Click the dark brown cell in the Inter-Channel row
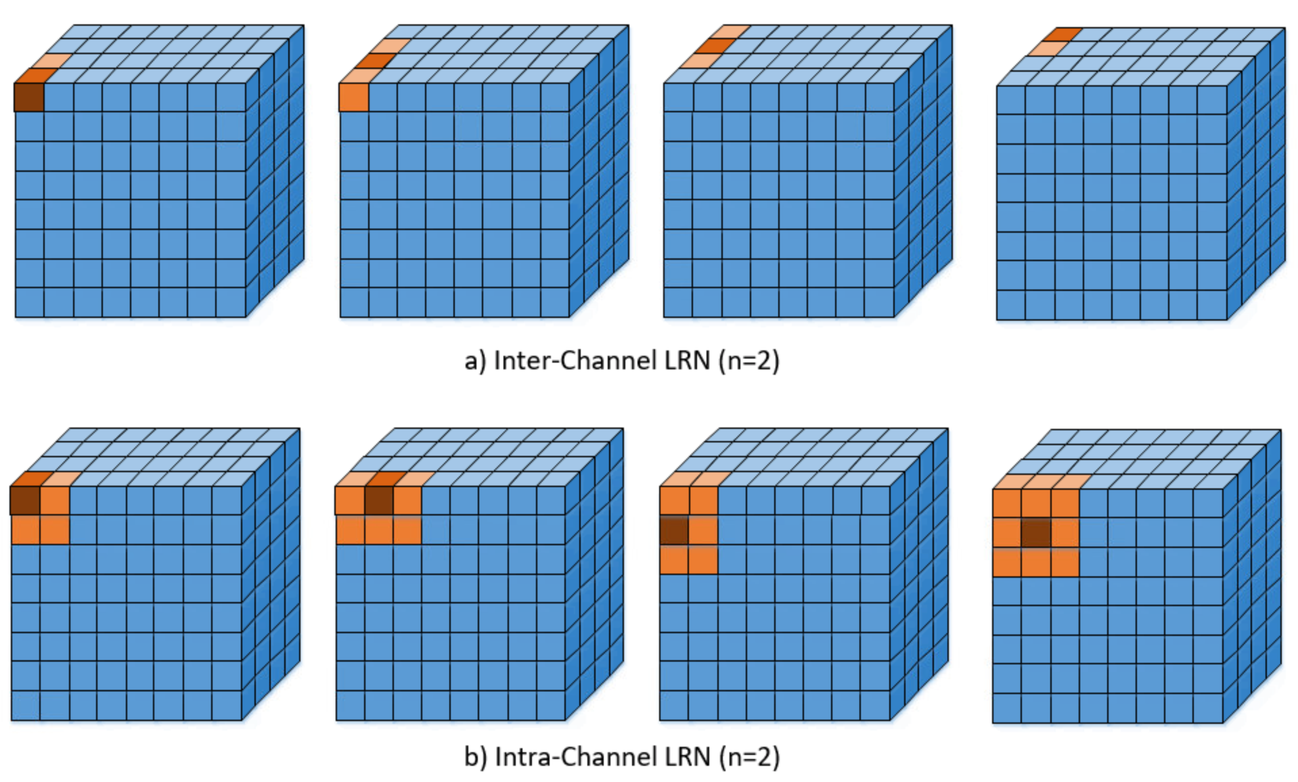[x=29, y=97]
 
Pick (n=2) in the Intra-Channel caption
[x=749, y=756]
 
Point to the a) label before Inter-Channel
[x=475, y=361]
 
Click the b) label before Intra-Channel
[x=476, y=756]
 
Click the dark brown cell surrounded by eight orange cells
[x=1035, y=533]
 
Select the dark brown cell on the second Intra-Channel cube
[x=379, y=501]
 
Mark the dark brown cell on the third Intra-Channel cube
[x=674, y=530]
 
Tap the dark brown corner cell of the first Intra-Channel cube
[x=25, y=501]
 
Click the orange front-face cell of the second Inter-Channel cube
[x=354, y=97]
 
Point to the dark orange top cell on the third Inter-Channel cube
[x=715, y=46]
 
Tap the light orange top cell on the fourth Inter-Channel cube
[x=1046, y=49]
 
